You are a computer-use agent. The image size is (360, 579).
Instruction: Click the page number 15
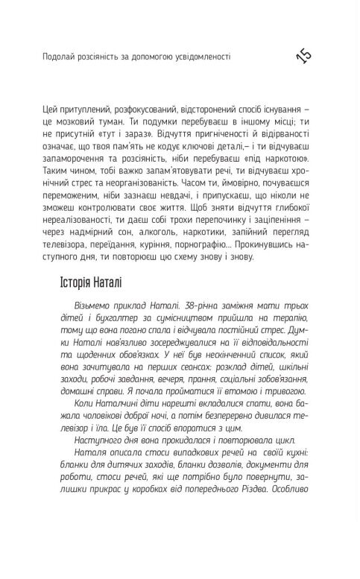(306, 56)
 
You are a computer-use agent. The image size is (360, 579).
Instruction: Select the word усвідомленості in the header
(200, 55)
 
